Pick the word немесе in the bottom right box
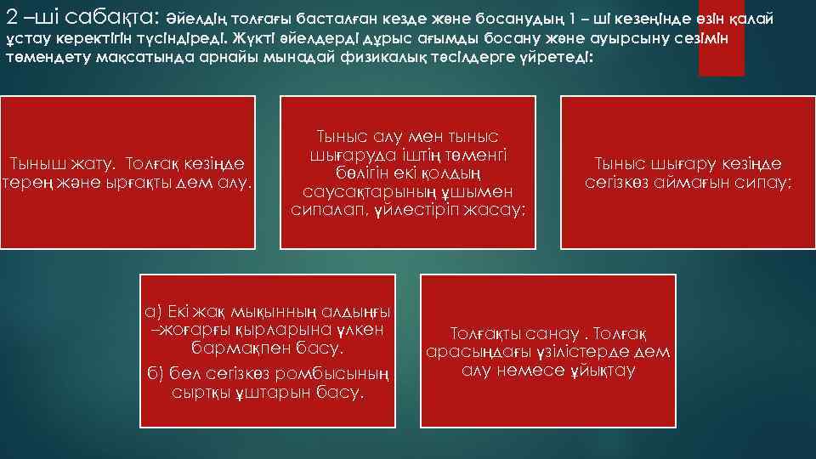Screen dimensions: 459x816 click(535, 370)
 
